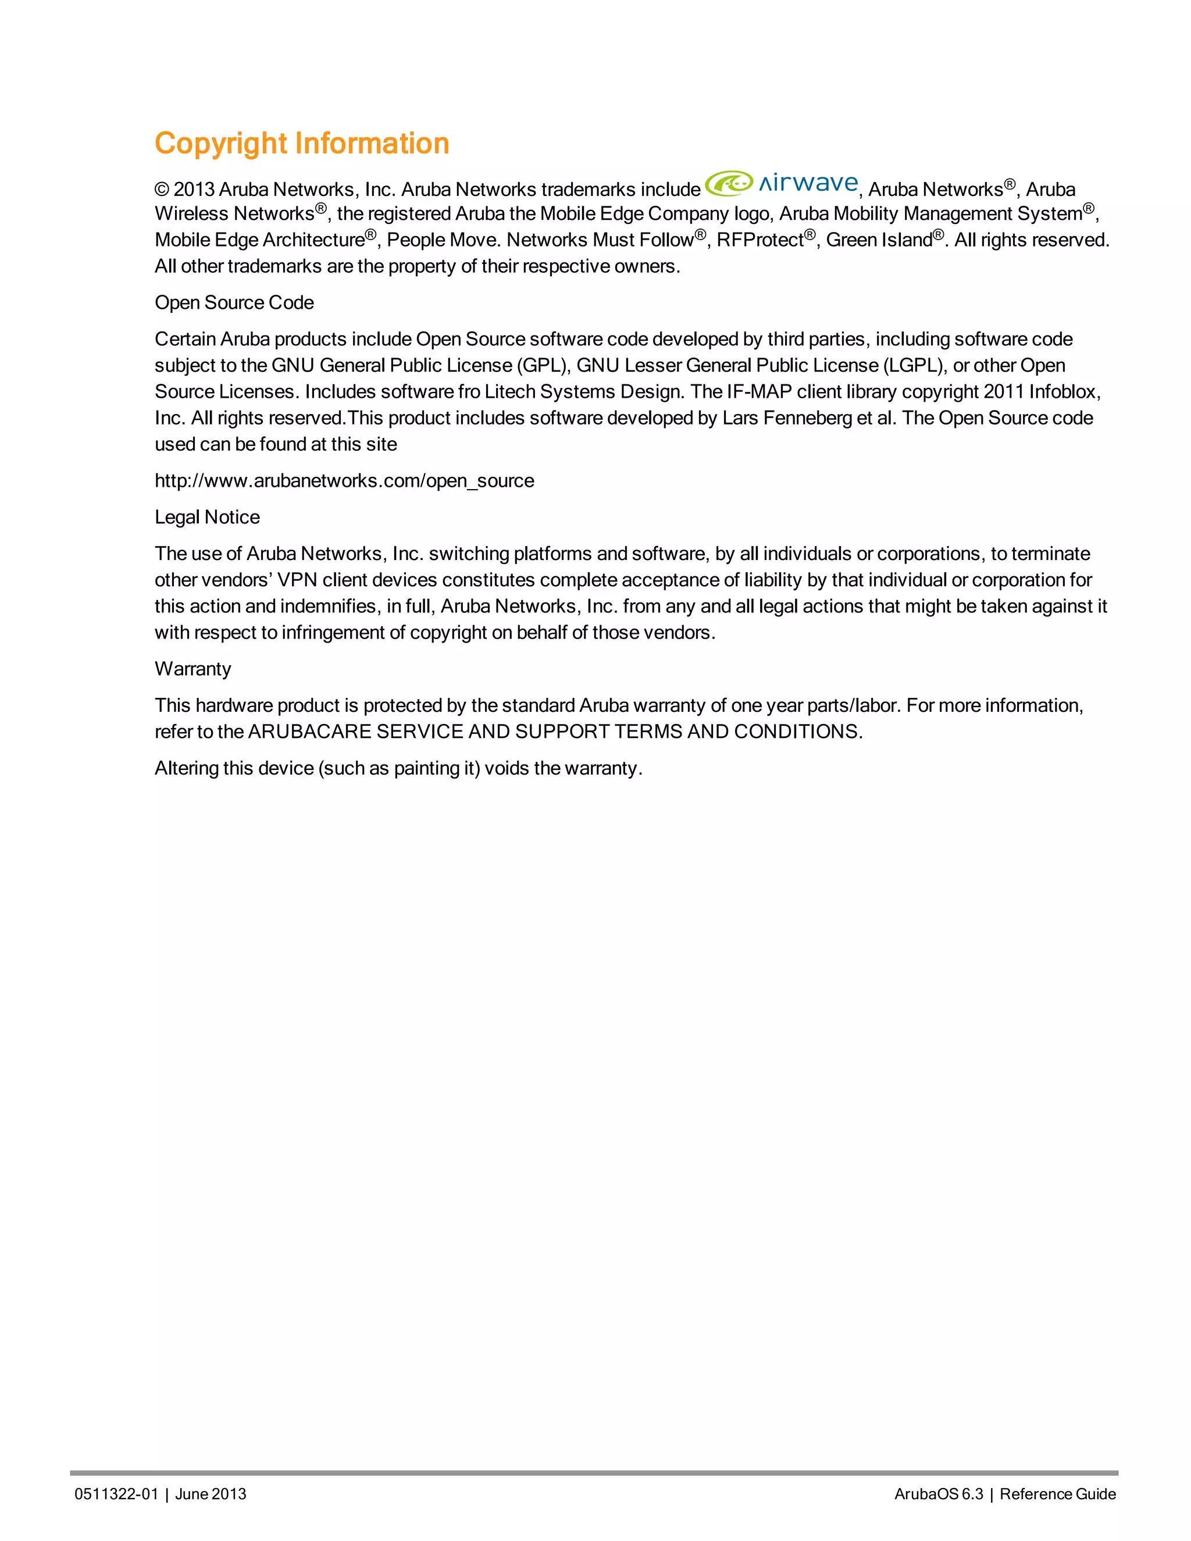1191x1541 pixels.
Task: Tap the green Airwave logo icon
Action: point(729,183)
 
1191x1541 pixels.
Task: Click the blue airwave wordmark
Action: point(808,183)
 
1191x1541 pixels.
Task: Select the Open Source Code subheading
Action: point(234,303)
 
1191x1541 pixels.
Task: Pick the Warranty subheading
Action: point(192,669)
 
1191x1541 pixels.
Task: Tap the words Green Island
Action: point(879,241)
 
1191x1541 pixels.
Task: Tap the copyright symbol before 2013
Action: point(162,190)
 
